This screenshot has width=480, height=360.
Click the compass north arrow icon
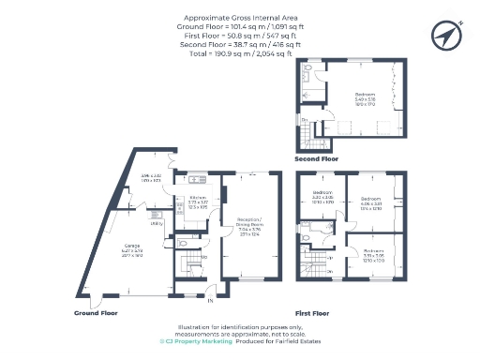(445, 36)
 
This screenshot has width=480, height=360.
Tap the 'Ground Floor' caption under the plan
(97, 312)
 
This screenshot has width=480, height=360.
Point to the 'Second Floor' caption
(316, 159)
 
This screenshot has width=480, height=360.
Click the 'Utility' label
(156, 224)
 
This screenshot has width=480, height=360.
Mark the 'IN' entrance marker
(210, 301)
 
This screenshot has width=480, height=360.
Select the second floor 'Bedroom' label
(365, 96)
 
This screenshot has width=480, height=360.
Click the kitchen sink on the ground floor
(198, 178)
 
